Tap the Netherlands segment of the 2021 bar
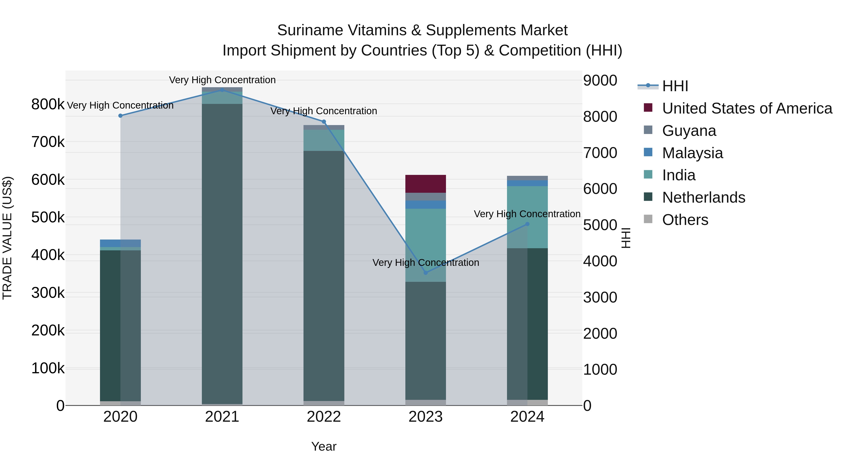point(222,253)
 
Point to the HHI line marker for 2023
point(426,273)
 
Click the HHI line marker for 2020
point(120,116)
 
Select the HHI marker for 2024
point(527,224)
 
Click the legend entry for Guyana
point(689,131)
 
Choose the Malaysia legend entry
point(692,153)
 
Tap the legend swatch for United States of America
point(648,108)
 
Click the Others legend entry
point(685,220)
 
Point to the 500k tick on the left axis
point(48,217)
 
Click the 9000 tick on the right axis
point(600,80)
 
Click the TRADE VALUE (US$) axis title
point(7,238)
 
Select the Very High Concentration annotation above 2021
point(222,80)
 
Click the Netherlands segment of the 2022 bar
point(324,276)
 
